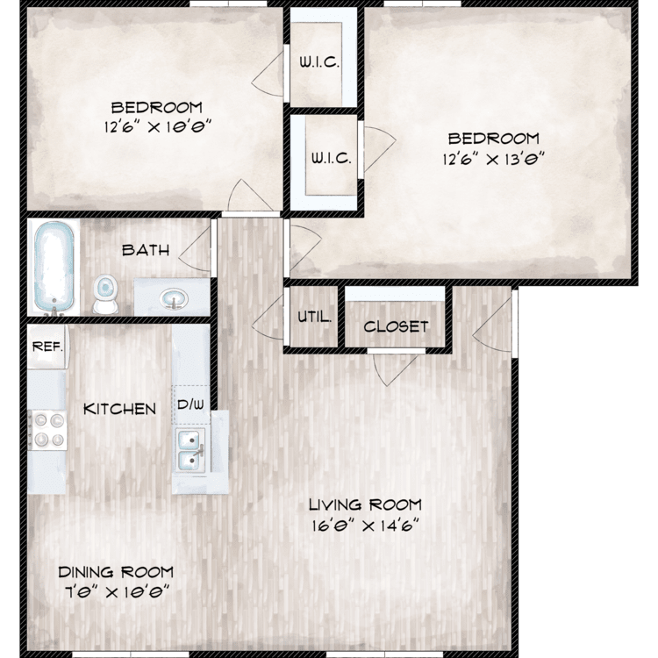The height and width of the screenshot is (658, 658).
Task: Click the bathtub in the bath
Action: click(x=54, y=268)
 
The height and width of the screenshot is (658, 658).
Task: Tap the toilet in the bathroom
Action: click(x=104, y=294)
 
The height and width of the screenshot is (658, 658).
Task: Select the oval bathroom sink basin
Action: click(x=174, y=299)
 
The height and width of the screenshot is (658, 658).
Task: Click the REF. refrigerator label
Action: click(x=47, y=347)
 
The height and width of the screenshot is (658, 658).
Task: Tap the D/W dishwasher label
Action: click(x=190, y=404)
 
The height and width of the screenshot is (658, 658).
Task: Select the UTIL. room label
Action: click(x=314, y=317)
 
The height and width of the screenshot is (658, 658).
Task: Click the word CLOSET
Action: click(x=396, y=326)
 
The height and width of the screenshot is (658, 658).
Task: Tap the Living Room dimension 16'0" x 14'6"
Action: click(x=366, y=526)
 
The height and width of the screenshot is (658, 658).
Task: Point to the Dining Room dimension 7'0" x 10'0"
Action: click(x=117, y=592)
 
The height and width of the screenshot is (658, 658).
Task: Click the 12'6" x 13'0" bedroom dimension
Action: click(x=493, y=160)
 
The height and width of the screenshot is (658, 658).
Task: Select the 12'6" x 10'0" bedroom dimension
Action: click(x=157, y=125)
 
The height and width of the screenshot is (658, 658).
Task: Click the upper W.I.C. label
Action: click(x=319, y=62)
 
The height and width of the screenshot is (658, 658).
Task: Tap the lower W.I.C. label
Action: click(x=331, y=158)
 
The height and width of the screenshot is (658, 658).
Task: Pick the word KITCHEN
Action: click(x=119, y=409)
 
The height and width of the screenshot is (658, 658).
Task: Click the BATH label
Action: click(x=146, y=251)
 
